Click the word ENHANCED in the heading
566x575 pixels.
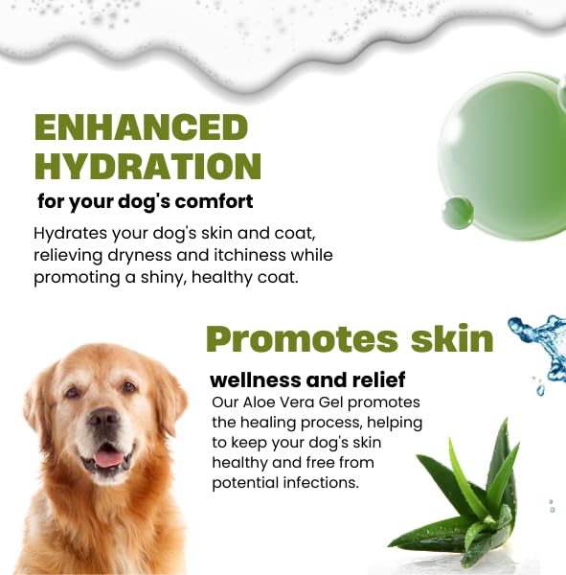tap(141, 126)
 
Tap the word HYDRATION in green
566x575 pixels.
tap(147, 166)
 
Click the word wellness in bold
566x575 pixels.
tap(260, 379)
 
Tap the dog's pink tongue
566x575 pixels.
tap(107, 458)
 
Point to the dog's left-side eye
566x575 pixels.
tap(73, 392)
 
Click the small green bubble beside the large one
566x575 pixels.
tap(457, 211)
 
